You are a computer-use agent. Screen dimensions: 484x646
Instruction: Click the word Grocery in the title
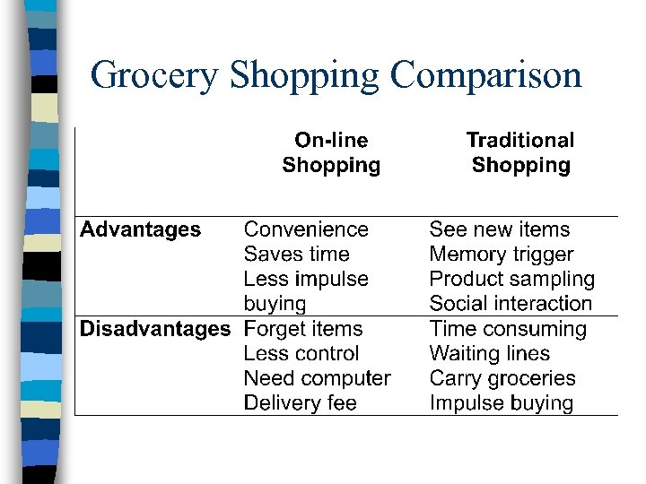154,75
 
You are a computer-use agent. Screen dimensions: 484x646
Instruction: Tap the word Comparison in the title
486,75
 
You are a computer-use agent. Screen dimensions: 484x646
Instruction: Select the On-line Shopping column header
331,152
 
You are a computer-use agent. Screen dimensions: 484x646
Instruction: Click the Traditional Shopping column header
520,152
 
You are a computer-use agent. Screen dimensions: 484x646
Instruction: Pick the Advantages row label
141,229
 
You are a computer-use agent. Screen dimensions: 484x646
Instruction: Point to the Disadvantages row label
155,329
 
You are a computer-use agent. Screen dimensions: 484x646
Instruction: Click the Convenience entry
306,229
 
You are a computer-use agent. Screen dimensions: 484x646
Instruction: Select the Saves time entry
296,255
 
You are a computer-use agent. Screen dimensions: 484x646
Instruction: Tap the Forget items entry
303,329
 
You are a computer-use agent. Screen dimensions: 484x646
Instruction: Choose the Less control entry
301,354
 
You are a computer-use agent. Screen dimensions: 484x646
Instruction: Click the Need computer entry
318,378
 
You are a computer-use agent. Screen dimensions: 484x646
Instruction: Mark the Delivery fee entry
301,403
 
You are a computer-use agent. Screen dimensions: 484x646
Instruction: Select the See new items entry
500,229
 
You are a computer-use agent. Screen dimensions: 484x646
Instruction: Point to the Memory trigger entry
502,255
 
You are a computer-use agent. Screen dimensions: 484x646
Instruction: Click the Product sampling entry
512,280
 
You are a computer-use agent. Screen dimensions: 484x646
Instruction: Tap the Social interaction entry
511,304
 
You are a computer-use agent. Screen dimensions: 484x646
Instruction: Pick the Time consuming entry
508,329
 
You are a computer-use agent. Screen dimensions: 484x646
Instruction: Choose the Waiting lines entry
490,354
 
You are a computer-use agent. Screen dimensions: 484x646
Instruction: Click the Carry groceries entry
502,378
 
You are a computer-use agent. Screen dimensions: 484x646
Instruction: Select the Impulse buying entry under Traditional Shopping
502,403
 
